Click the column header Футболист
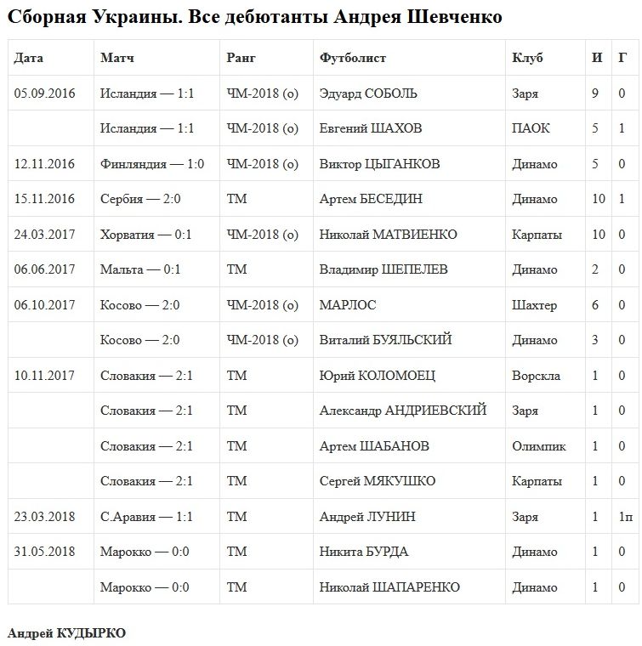click(x=353, y=58)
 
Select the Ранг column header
click(x=241, y=58)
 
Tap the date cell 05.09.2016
click(x=45, y=93)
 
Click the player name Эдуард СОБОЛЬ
click(x=368, y=93)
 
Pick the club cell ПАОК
click(x=531, y=128)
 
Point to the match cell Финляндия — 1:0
click(x=152, y=164)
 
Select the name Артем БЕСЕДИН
click(x=371, y=199)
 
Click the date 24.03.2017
click(x=45, y=235)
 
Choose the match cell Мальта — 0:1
click(x=140, y=269)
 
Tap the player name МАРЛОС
click(x=348, y=305)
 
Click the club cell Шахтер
click(x=535, y=305)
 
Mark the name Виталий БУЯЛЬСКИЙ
click(x=385, y=340)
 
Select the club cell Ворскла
click(x=536, y=376)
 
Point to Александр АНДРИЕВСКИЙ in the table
click(x=403, y=411)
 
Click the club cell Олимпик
click(x=539, y=446)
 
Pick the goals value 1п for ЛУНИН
click(x=625, y=517)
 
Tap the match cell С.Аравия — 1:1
click(x=146, y=517)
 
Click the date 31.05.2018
click(x=45, y=552)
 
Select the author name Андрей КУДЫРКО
click(x=66, y=633)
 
